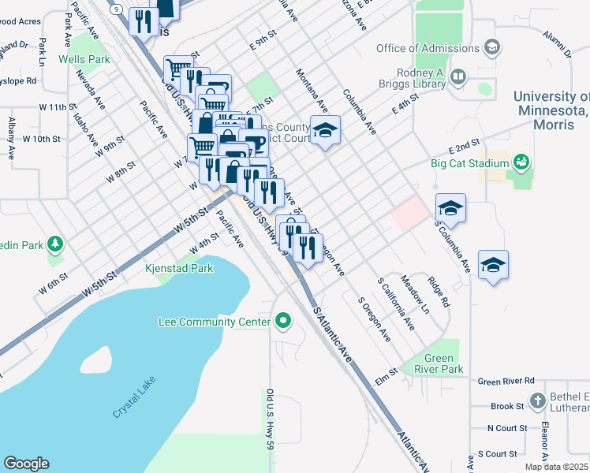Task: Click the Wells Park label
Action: (88, 59)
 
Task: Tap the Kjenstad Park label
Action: (179, 269)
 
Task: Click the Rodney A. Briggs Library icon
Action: (459, 76)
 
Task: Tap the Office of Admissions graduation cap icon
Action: (492, 48)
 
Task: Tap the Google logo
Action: (26, 463)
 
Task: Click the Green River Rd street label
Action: (506, 381)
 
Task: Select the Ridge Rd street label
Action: (438, 291)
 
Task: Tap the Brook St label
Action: (507, 406)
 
